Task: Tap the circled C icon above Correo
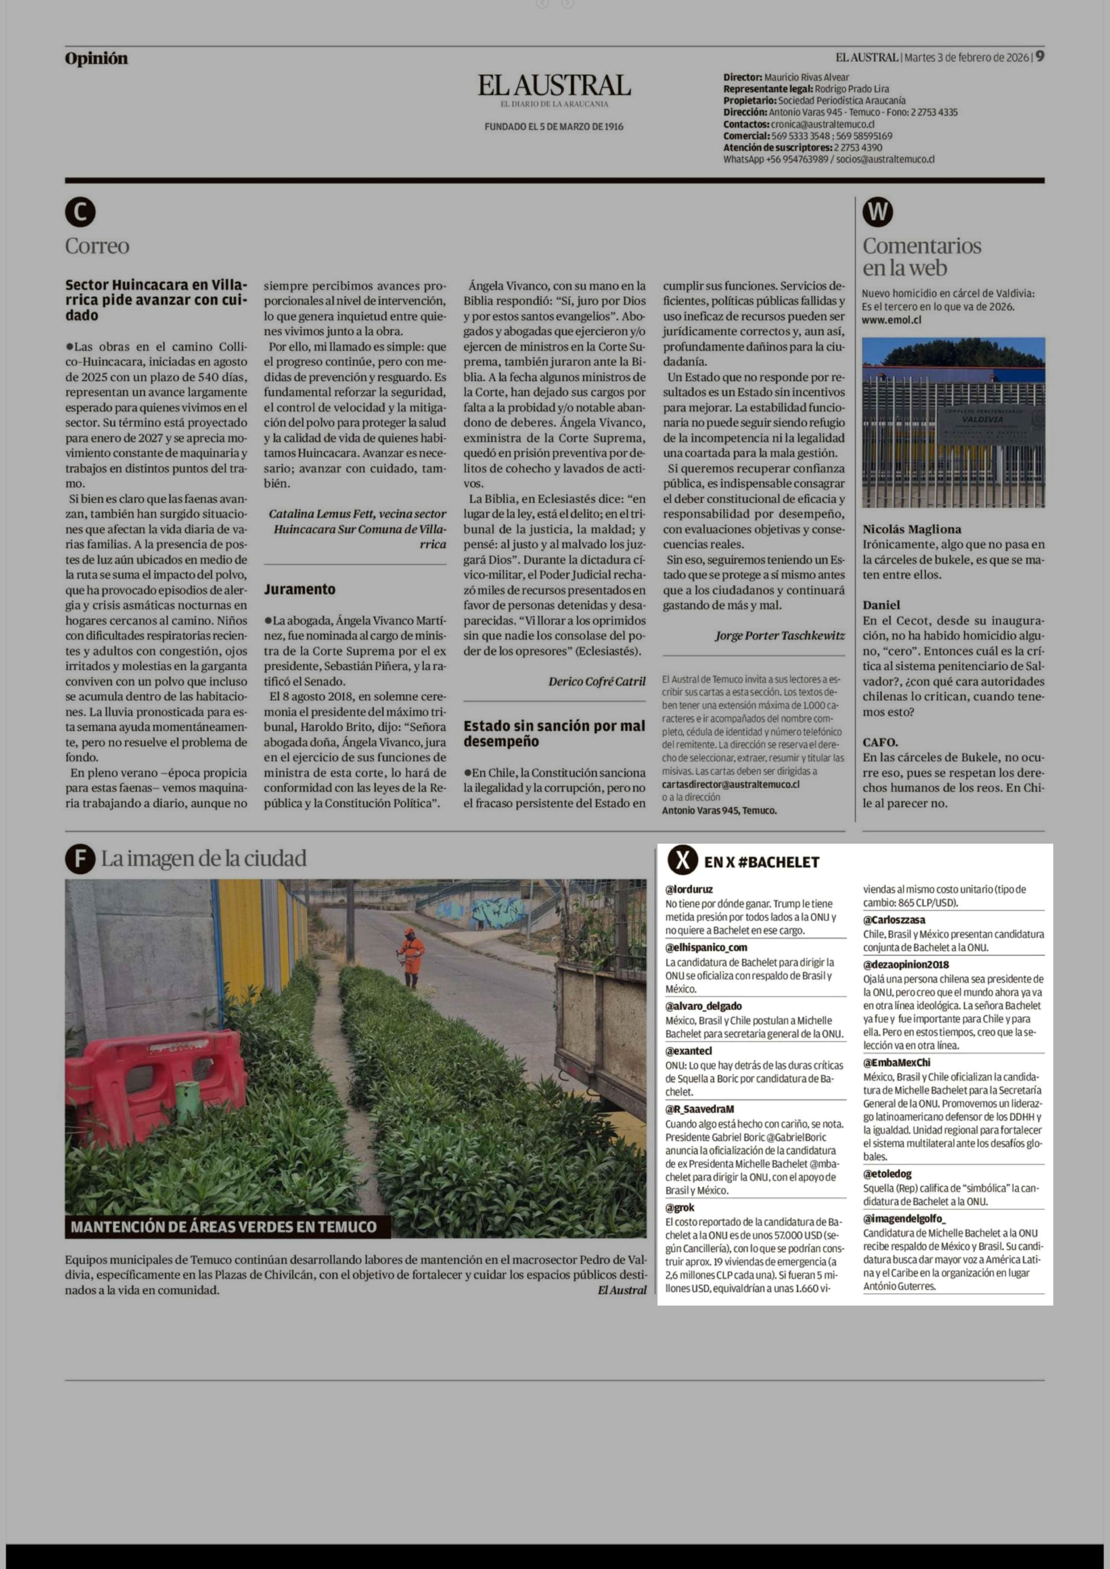click(80, 213)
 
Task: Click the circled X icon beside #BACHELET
click(682, 861)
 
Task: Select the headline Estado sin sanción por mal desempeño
click(554, 733)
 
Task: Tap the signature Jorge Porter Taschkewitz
click(779, 635)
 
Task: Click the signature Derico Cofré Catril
click(596, 681)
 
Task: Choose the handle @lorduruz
click(689, 889)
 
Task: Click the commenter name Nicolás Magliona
click(911, 529)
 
